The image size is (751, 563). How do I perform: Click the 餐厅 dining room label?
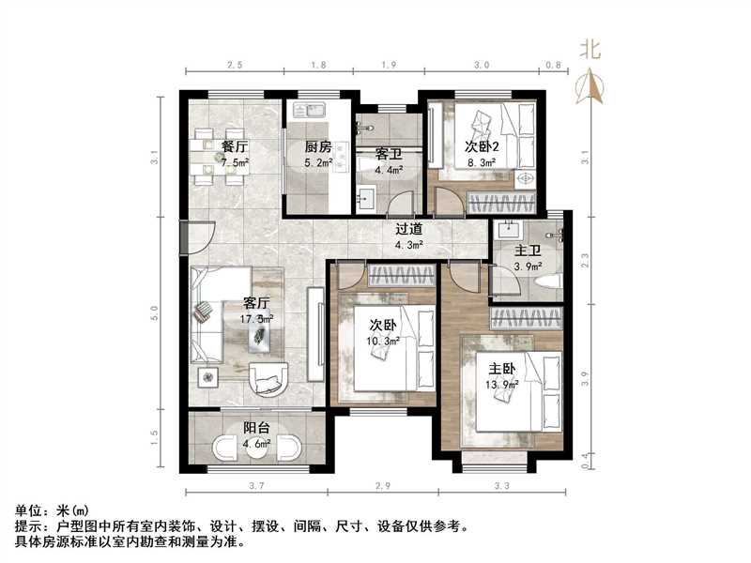[235, 147]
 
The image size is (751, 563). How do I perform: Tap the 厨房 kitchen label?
[317, 147]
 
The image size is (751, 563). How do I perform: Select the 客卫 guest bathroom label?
[389, 153]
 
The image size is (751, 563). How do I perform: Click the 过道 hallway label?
[407, 229]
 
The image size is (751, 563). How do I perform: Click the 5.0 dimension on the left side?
[154, 310]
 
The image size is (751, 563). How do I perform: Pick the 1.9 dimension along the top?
[389, 66]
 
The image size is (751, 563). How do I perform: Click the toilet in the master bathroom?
[551, 281]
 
